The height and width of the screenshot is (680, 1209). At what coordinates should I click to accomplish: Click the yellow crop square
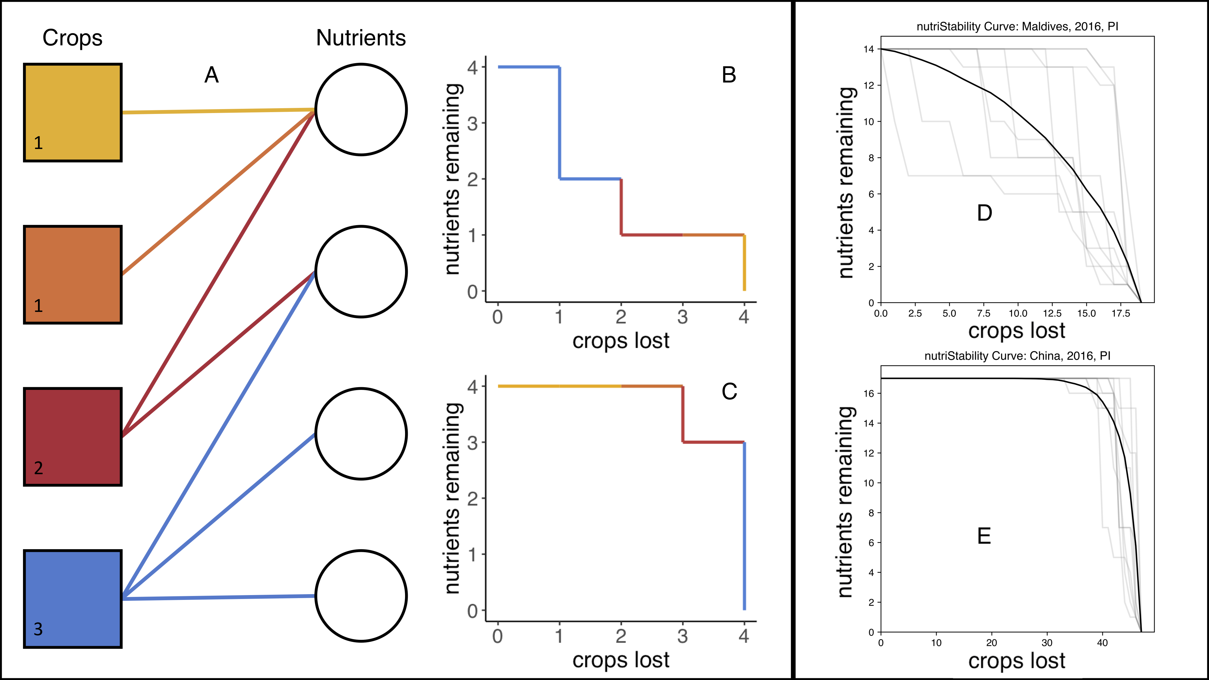pos(73,113)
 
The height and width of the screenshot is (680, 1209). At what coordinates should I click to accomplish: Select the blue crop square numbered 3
pos(73,599)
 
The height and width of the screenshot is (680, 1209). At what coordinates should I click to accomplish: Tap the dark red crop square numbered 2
pos(73,436)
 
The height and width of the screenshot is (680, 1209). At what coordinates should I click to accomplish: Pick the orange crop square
pos(73,274)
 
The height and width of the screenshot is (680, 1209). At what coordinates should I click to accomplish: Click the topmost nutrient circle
pos(361,109)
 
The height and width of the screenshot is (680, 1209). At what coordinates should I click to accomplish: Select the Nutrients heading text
pos(361,37)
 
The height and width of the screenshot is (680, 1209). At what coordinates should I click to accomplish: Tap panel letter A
pos(211,75)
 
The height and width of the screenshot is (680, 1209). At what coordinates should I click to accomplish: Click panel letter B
pos(729,75)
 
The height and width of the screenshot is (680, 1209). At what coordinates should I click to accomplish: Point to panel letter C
pos(729,391)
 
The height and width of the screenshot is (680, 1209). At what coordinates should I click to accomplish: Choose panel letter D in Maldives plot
pos(984,213)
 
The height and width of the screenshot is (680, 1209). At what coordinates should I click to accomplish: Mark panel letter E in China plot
pos(984,536)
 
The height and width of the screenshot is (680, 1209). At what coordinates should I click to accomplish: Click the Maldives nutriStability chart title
pos(1017,27)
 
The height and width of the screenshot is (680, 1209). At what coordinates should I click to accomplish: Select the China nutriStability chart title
pos(1017,356)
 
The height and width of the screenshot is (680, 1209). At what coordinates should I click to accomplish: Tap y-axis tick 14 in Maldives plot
pos(868,49)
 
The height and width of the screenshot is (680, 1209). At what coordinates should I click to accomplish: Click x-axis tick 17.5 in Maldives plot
pos(1120,313)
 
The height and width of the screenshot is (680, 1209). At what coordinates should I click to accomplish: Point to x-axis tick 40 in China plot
pos(1102,643)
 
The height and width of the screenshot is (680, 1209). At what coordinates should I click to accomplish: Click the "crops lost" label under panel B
pos(621,341)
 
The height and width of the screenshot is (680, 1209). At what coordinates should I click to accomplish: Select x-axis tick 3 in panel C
pos(682,636)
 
